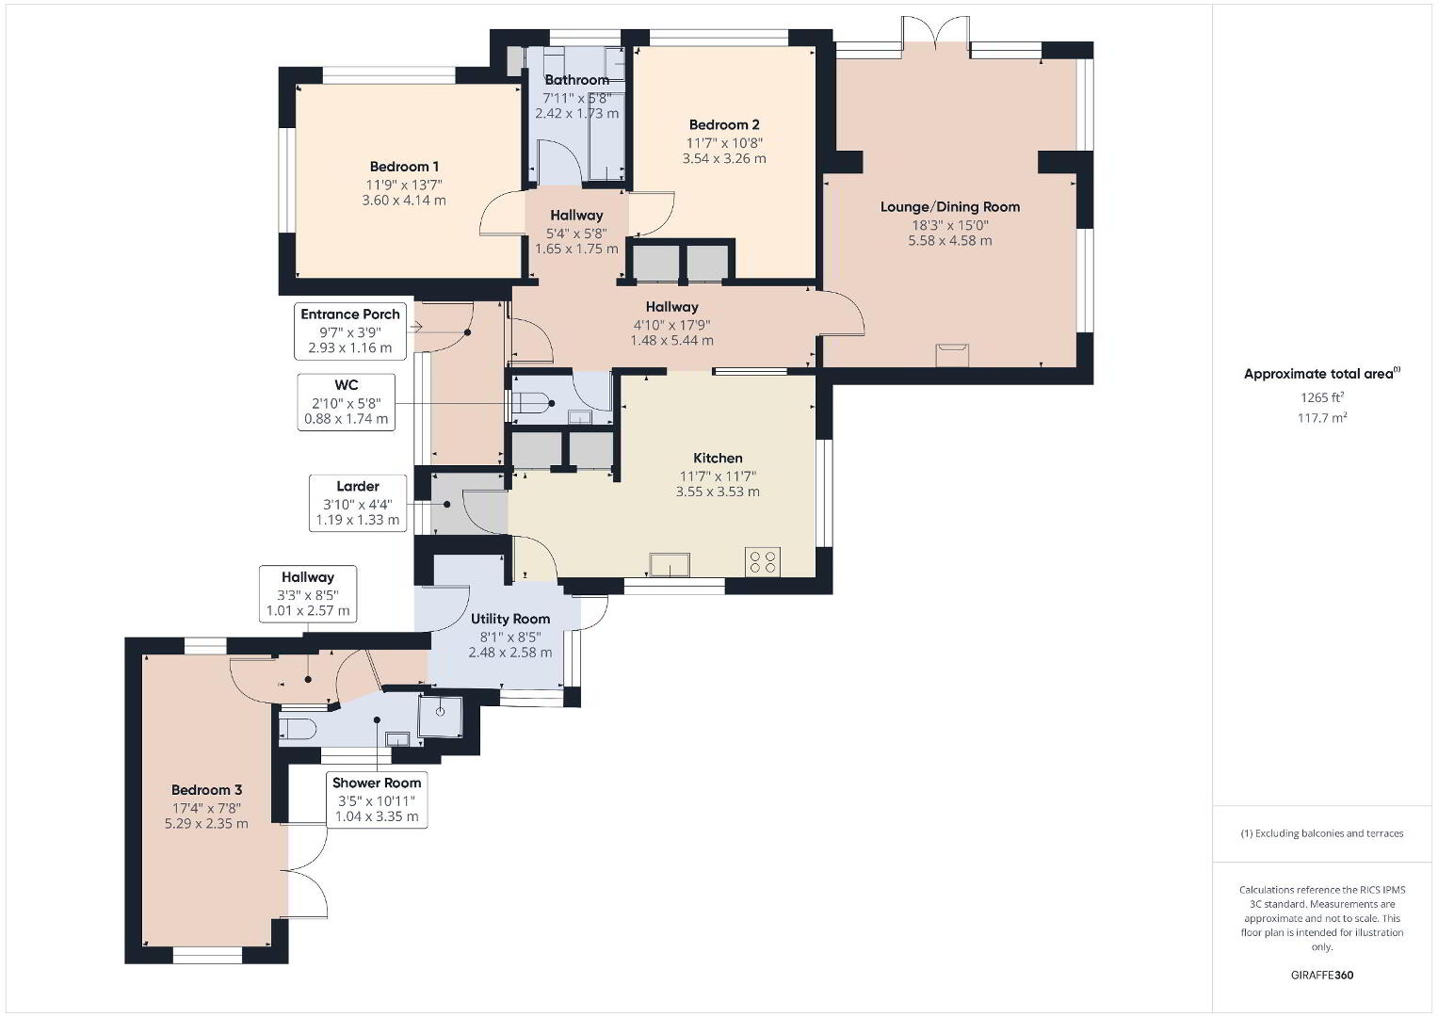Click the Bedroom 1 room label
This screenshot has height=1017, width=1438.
404,167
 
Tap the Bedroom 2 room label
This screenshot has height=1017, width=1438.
724,124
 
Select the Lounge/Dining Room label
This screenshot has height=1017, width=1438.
950,207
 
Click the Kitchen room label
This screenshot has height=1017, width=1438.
718,458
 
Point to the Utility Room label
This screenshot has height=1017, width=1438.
510,619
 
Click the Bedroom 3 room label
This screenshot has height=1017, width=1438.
207,790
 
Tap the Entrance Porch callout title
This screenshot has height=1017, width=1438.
350,314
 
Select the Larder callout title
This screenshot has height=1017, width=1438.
358,486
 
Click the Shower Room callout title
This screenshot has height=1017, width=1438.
377,783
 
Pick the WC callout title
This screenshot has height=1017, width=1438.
346,384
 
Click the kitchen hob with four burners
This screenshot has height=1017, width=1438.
764,560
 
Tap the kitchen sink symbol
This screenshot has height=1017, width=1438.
670,564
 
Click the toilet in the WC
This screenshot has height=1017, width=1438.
533,403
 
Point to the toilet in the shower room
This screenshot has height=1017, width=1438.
298,730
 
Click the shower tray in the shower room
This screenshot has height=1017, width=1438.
441,716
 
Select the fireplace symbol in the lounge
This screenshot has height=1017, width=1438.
952,355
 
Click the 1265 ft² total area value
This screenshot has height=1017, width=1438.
1322,396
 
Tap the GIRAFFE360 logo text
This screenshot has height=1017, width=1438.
1322,976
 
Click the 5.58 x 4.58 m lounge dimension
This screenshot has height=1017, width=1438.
950,241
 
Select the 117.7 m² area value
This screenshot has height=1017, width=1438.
1322,417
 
